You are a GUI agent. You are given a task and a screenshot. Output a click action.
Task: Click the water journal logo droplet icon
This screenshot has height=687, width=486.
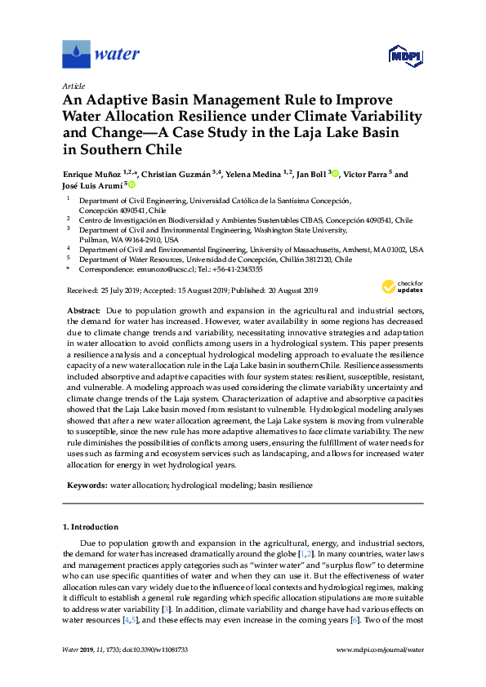(76, 55)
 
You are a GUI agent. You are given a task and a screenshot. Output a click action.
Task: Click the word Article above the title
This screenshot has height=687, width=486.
(74, 85)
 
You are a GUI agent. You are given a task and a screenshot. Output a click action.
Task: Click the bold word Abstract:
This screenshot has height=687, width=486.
(84, 312)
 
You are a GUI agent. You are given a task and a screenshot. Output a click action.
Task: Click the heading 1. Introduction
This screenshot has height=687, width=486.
(94, 527)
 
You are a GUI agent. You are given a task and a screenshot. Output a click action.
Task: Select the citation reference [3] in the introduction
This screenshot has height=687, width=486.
(166, 608)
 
